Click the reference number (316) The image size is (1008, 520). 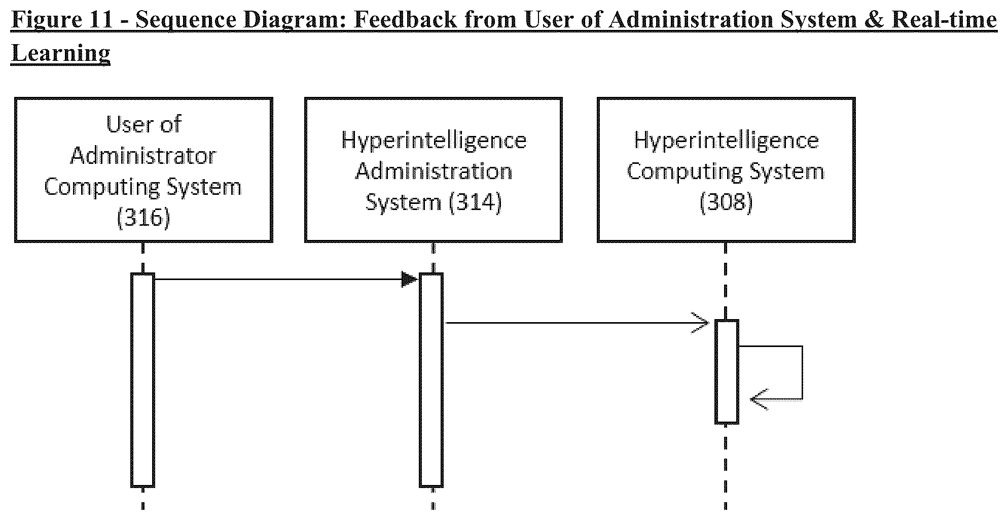pos(143,218)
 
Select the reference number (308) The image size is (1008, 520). pos(726,202)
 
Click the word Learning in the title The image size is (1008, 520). pos(61,53)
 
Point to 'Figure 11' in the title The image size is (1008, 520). pos(63,20)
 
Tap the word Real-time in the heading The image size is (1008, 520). pos(944,20)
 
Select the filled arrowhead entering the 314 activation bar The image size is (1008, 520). pos(410,279)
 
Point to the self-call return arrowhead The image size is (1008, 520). pos(759,399)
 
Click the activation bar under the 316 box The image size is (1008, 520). pos(142,380)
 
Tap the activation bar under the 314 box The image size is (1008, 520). pos(431,380)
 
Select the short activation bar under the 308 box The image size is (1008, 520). pos(727,371)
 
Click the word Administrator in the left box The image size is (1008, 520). pos(143,155)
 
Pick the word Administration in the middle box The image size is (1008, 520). pos(434,171)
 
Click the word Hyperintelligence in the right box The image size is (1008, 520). pos(726,140)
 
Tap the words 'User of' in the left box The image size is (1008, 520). pos(143,124)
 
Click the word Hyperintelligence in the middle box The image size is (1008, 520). pos(434,140)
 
